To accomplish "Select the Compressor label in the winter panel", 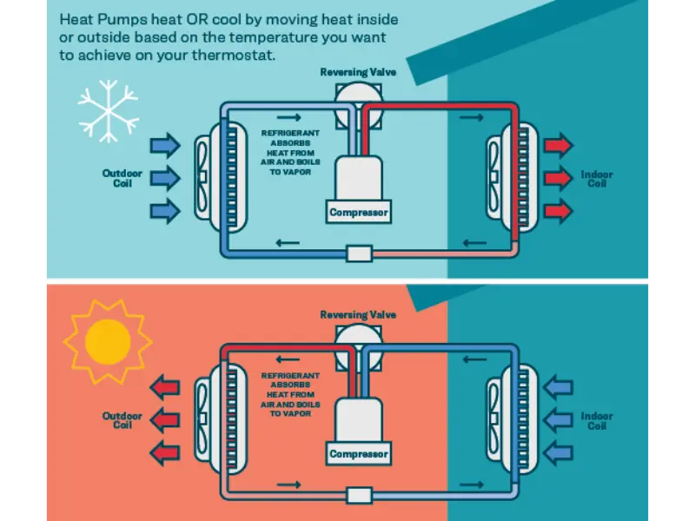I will pyautogui.click(x=359, y=212).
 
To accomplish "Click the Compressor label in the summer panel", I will pyautogui.click(x=359, y=453).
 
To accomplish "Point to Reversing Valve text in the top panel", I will pyautogui.click(x=358, y=72).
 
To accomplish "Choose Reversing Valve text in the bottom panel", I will pyautogui.click(x=358, y=314).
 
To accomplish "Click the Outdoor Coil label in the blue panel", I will pyautogui.click(x=122, y=178).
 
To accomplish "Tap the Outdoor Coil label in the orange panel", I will pyautogui.click(x=122, y=421).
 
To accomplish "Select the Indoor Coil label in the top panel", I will pyautogui.click(x=597, y=179).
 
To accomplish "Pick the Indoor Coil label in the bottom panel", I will pyautogui.click(x=597, y=421).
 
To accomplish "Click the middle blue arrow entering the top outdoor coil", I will pyautogui.click(x=165, y=178).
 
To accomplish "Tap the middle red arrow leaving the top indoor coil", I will pyautogui.click(x=558, y=178).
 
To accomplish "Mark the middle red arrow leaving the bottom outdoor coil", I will pyautogui.click(x=165, y=420).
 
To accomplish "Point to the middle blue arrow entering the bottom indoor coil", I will pyautogui.click(x=558, y=420).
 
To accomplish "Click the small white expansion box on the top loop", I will pyautogui.click(x=359, y=254).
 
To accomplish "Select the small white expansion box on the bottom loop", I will pyautogui.click(x=359, y=495).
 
